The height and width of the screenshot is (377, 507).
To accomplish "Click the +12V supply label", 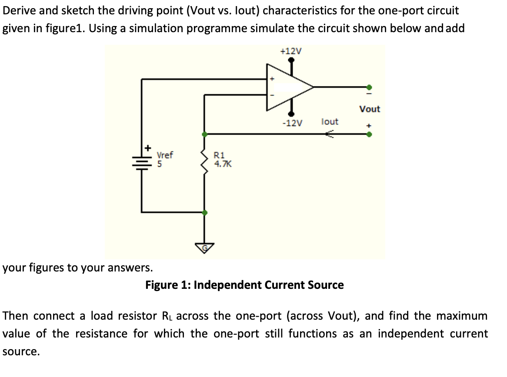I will coord(291,51).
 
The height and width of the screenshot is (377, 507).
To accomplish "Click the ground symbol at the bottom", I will coord(205,248).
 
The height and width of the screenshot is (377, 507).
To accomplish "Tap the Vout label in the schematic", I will coord(370,109).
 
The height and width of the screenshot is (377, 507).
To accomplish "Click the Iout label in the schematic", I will coord(330,122).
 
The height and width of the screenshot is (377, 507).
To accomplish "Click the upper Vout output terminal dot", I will coord(369,87).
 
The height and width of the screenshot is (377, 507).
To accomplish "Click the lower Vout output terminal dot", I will coord(369,134).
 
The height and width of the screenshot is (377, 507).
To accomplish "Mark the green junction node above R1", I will coord(205,134).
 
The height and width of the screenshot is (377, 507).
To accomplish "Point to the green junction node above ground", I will coord(205,212).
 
